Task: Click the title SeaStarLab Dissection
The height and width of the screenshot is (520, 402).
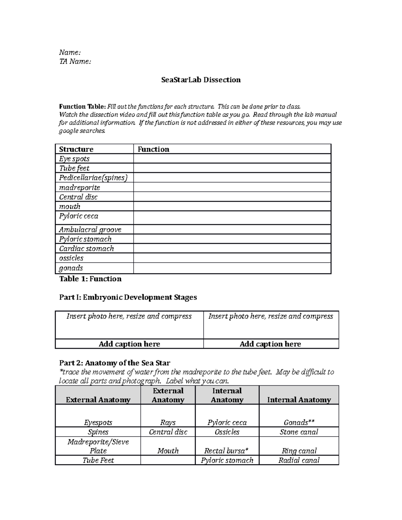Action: point(201,80)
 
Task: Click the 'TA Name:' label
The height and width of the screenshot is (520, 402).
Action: point(75,61)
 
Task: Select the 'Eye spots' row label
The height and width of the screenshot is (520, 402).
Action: point(74,159)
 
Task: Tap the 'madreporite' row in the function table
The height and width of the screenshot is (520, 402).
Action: point(80,188)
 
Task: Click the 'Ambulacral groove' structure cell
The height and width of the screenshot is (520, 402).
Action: point(90,230)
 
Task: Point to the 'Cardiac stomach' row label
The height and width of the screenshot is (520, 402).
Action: point(86,248)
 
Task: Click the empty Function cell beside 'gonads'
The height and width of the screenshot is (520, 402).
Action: point(232,268)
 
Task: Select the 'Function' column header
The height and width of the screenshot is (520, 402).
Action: point(153,149)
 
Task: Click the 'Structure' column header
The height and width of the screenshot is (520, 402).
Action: point(76,149)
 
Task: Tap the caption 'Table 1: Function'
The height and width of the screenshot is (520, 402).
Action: point(90,279)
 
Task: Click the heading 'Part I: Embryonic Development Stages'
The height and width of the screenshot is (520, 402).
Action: point(128,297)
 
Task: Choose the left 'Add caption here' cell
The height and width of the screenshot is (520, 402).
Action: point(129,344)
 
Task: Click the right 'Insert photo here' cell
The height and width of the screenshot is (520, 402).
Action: point(271,324)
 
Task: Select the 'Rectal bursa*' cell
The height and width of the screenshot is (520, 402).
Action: point(227,451)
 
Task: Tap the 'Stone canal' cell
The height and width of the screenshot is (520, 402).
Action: point(299,432)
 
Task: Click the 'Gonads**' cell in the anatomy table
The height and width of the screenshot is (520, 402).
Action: point(299,422)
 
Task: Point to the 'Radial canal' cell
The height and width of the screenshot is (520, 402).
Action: point(299,460)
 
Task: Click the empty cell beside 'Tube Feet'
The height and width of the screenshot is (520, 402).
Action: point(168,460)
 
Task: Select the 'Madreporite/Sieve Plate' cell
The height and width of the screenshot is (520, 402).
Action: point(98,446)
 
